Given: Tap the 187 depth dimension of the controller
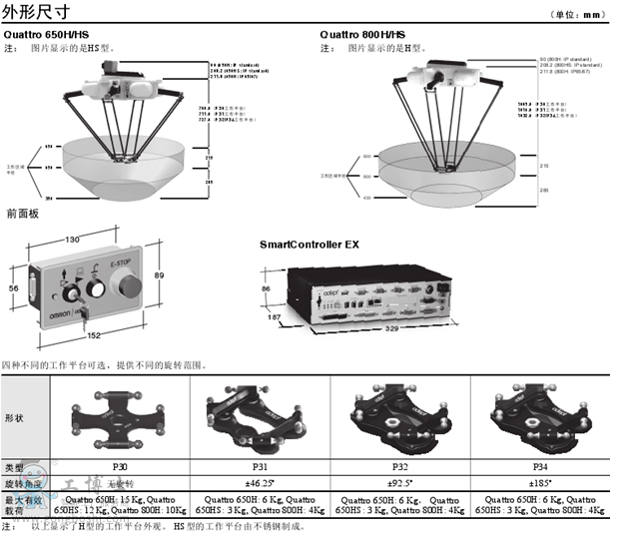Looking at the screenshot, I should click(x=271, y=318).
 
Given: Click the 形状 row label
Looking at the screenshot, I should click(x=18, y=418).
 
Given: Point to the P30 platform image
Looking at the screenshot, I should click(x=121, y=418).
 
